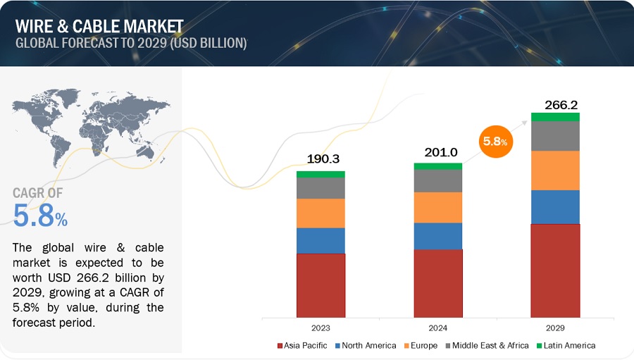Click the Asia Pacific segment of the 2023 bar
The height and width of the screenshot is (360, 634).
[321, 285]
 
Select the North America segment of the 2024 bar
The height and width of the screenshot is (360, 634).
[437, 236]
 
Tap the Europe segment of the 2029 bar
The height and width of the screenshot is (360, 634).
[555, 170]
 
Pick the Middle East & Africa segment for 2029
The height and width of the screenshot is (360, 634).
[555, 136]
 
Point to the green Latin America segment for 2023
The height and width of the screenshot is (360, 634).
[321, 174]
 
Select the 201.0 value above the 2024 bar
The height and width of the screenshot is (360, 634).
[437, 153]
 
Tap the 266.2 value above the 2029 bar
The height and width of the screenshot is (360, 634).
[561, 105]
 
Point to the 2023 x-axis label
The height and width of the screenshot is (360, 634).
[321, 328]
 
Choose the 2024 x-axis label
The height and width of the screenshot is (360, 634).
[437, 328]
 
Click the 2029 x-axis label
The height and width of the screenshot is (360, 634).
[555, 328]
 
